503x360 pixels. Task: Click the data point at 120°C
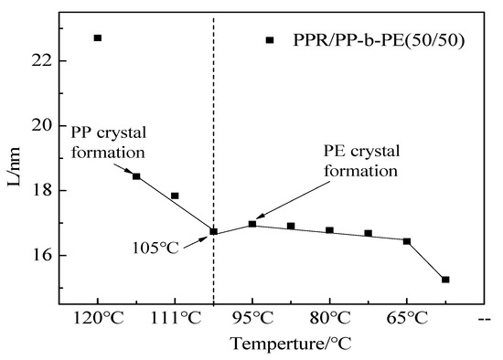coord(98,37)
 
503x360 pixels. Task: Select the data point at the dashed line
coord(214,232)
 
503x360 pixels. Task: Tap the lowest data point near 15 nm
coord(445,280)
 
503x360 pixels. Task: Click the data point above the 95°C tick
coord(252,224)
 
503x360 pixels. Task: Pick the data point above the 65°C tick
coord(407,241)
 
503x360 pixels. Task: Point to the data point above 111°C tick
coord(175,196)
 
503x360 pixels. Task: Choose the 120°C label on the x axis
coord(98,317)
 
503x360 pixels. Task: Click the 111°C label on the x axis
coord(175,317)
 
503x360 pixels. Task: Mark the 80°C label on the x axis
coord(329,317)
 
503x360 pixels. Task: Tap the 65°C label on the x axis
coord(407,317)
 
